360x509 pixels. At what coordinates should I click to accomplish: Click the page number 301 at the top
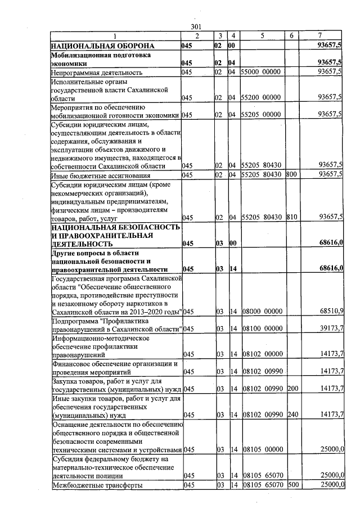[x=196, y=27]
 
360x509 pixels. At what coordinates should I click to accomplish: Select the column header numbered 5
[x=262, y=36]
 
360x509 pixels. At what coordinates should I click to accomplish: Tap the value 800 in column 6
[x=291, y=174]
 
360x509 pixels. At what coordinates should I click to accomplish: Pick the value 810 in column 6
[x=291, y=217]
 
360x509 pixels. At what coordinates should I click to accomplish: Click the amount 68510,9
[x=332, y=310]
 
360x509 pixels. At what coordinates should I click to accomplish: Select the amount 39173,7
[x=332, y=328]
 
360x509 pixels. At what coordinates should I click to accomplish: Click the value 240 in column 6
[x=291, y=415]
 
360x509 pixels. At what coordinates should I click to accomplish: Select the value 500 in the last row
[x=291, y=484]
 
